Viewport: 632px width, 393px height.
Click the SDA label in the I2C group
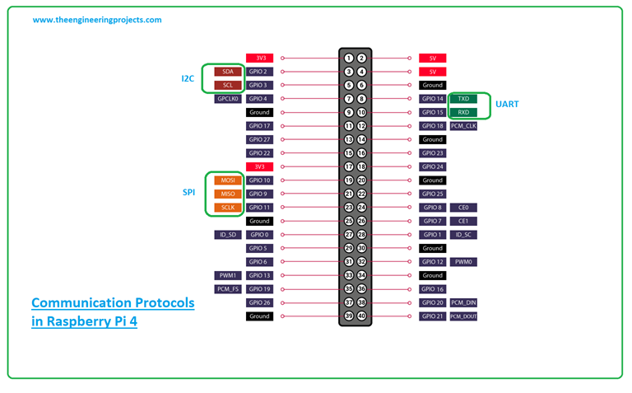pyautogui.click(x=228, y=72)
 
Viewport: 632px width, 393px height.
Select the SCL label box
pyautogui.click(x=228, y=85)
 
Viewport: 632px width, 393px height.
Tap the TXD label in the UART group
pyautogui.click(x=463, y=99)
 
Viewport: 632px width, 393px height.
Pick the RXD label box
pyautogui.click(x=463, y=112)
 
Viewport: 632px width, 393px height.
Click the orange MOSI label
pyautogui.click(x=228, y=180)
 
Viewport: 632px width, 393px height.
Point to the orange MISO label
pyautogui.click(x=228, y=194)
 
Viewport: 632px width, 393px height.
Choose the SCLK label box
pyautogui.click(x=228, y=208)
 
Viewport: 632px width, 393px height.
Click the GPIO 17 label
pyautogui.click(x=259, y=126)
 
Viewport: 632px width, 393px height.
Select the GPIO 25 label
pyautogui.click(x=432, y=194)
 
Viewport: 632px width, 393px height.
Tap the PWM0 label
pyautogui.click(x=463, y=262)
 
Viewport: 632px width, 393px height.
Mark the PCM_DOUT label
pyautogui.click(x=463, y=316)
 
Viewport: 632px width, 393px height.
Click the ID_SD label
pyautogui.click(x=228, y=235)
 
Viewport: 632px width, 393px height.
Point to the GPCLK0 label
pyautogui.click(x=228, y=99)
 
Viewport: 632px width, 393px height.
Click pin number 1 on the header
pyautogui.click(x=349, y=58)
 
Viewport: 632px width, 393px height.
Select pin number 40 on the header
pyautogui.click(x=361, y=316)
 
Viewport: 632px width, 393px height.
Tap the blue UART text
pyautogui.click(x=507, y=105)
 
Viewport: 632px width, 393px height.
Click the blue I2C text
pyautogui.click(x=188, y=78)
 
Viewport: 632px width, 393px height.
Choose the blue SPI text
pyautogui.click(x=188, y=193)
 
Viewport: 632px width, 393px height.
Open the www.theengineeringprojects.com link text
pyautogui.click(x=97, y=20)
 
